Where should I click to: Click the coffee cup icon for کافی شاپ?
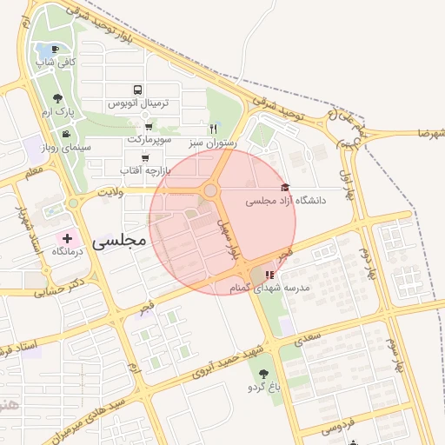click(56, 50)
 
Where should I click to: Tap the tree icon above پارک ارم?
click(57, 99)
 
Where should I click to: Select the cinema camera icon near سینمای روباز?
click(66, 134)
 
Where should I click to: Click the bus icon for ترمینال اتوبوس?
click(137, 90)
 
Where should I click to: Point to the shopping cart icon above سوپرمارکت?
click(149, 126)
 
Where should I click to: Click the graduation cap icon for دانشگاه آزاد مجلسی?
click(285, 188)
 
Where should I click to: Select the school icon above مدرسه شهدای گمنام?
click(269, 275)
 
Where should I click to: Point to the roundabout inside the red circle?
click(210, 190)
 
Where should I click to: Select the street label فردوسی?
click(339, 428)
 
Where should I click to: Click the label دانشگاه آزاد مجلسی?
click(287, 201)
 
